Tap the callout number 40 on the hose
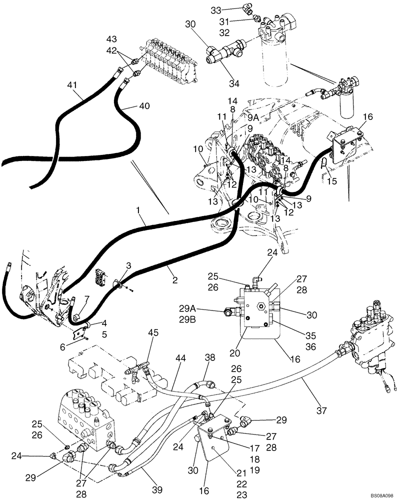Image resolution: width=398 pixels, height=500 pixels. coord(144,106)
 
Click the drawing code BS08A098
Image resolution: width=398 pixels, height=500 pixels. coord(382,494)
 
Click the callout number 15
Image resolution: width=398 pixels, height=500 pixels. coord(332,182)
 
